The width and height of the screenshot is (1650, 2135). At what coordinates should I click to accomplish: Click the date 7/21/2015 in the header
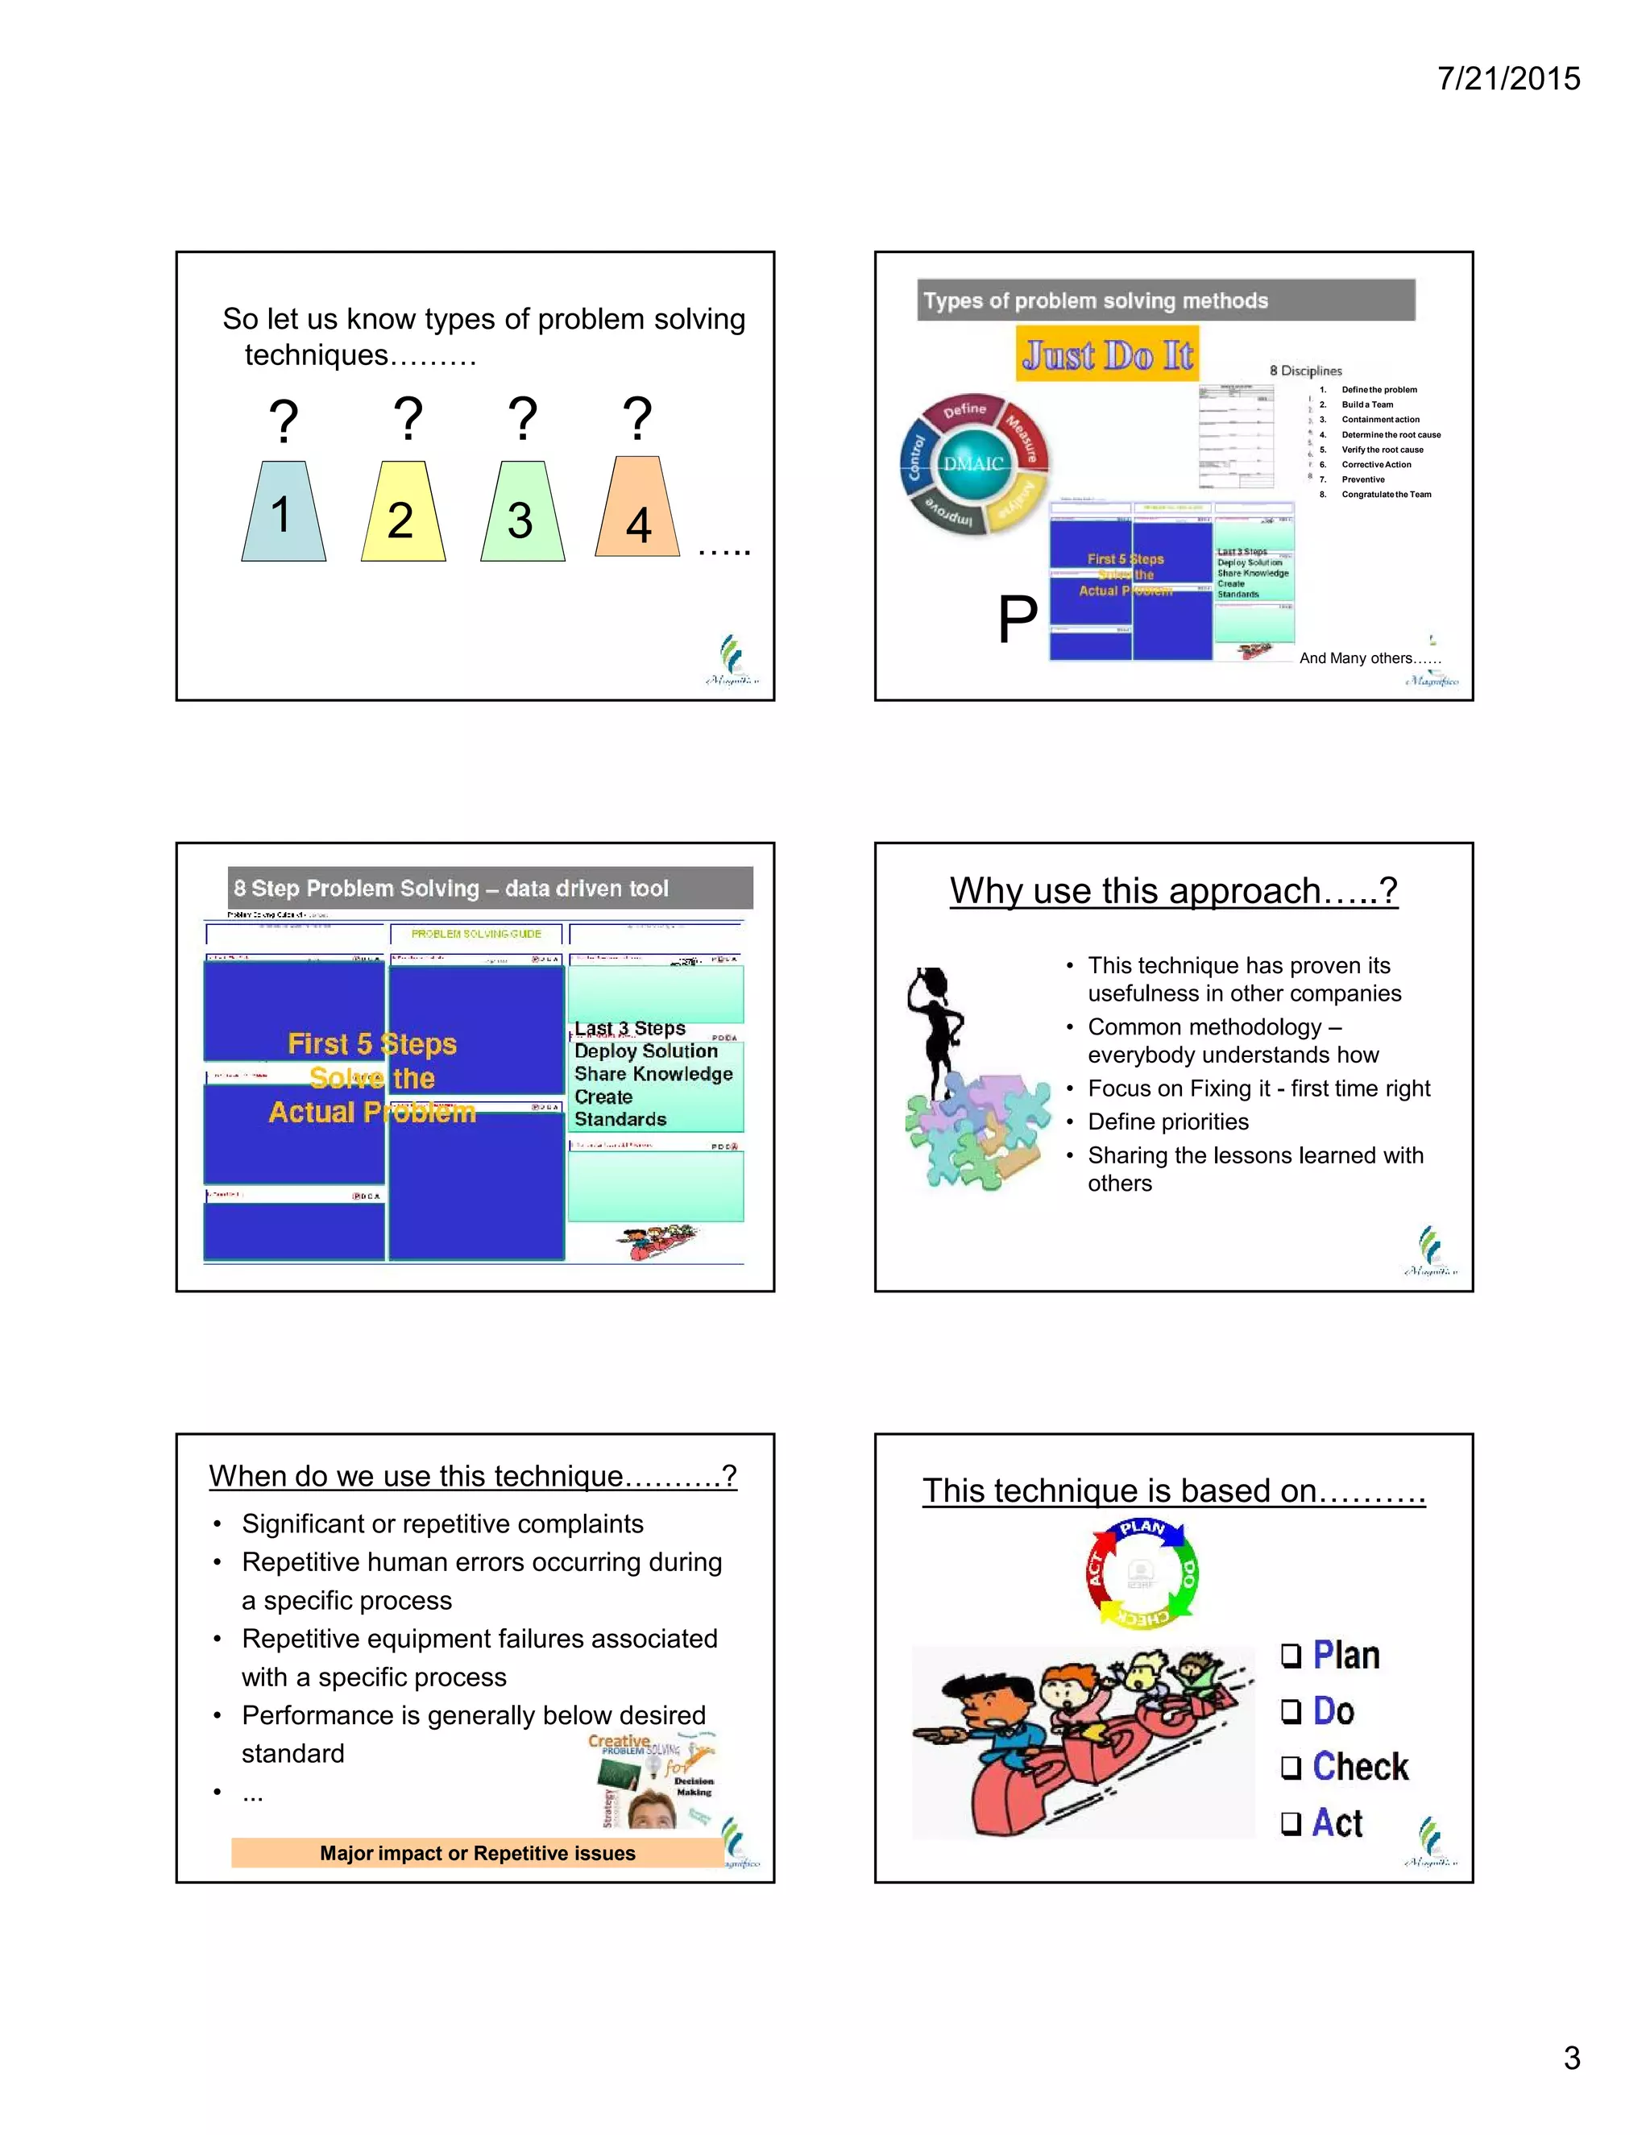[x=1508, y=78]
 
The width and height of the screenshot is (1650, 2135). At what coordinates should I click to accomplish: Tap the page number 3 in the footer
[x=1572, y=2057]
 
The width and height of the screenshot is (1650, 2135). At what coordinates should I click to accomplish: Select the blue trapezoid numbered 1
[x=284, y=512]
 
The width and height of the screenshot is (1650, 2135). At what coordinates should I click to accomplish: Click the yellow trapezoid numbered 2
[x=403, y=514]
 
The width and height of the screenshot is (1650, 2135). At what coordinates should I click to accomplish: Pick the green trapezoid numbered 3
[x=522, y=514]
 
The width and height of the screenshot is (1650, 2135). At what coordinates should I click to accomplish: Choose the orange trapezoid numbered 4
[x=637, y=510]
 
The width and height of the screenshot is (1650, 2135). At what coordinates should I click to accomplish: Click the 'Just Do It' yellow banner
[x=1108, y=354]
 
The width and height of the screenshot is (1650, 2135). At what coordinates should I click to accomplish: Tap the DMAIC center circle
[x=972, y=463]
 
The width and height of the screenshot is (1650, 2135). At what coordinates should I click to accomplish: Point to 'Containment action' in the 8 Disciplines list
[x=1379, y=420]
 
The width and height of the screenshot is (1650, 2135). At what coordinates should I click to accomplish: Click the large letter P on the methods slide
[x=1017, y=620]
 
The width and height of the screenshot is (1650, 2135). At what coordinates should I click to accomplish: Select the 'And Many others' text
[x=1370, y=658]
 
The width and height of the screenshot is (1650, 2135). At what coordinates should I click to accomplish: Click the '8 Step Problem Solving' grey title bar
[x=490, y=888]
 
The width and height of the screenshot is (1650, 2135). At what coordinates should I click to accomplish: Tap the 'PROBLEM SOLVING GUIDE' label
[x=476, y=934]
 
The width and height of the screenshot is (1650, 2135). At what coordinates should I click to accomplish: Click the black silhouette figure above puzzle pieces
[x=935, y=1031]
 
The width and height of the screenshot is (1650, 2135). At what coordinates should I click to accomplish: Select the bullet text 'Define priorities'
[x=1168, y=1121]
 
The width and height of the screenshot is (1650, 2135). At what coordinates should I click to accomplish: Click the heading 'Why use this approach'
[x=1173, y=890]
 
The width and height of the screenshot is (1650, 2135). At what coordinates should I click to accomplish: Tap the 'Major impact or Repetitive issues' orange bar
[x=477, y=1852]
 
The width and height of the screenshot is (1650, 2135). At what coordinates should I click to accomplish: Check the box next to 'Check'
[x=1291, y=1767]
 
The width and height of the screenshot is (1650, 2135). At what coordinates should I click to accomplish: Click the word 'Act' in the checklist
[x=1337, y=1822]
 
